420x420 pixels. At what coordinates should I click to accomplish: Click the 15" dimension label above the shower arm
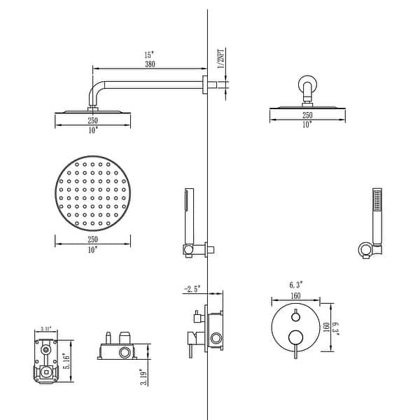point(148,55)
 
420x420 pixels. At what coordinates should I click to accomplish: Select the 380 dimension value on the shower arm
point(148,64)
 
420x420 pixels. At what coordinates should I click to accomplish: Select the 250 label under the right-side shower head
point(307,115)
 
